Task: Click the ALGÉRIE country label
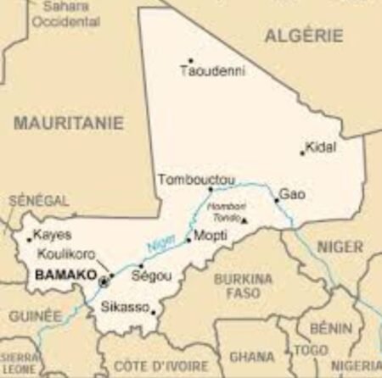pyautogui.click(x=304, y=36)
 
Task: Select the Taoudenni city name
pyautogui.click(x=212, y=72)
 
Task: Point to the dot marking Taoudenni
pyautogui.click(x=190, y=60)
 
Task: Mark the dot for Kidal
pyautogui.click(x=302, y=153)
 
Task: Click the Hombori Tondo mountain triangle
pyautogui.click(x=244, y=220)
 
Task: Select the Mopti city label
pyautogui.click(x=210, y=236)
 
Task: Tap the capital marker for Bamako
pyautogui.click(x=104, y=280)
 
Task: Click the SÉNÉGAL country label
pyautogui.click(x=38, y=200)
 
